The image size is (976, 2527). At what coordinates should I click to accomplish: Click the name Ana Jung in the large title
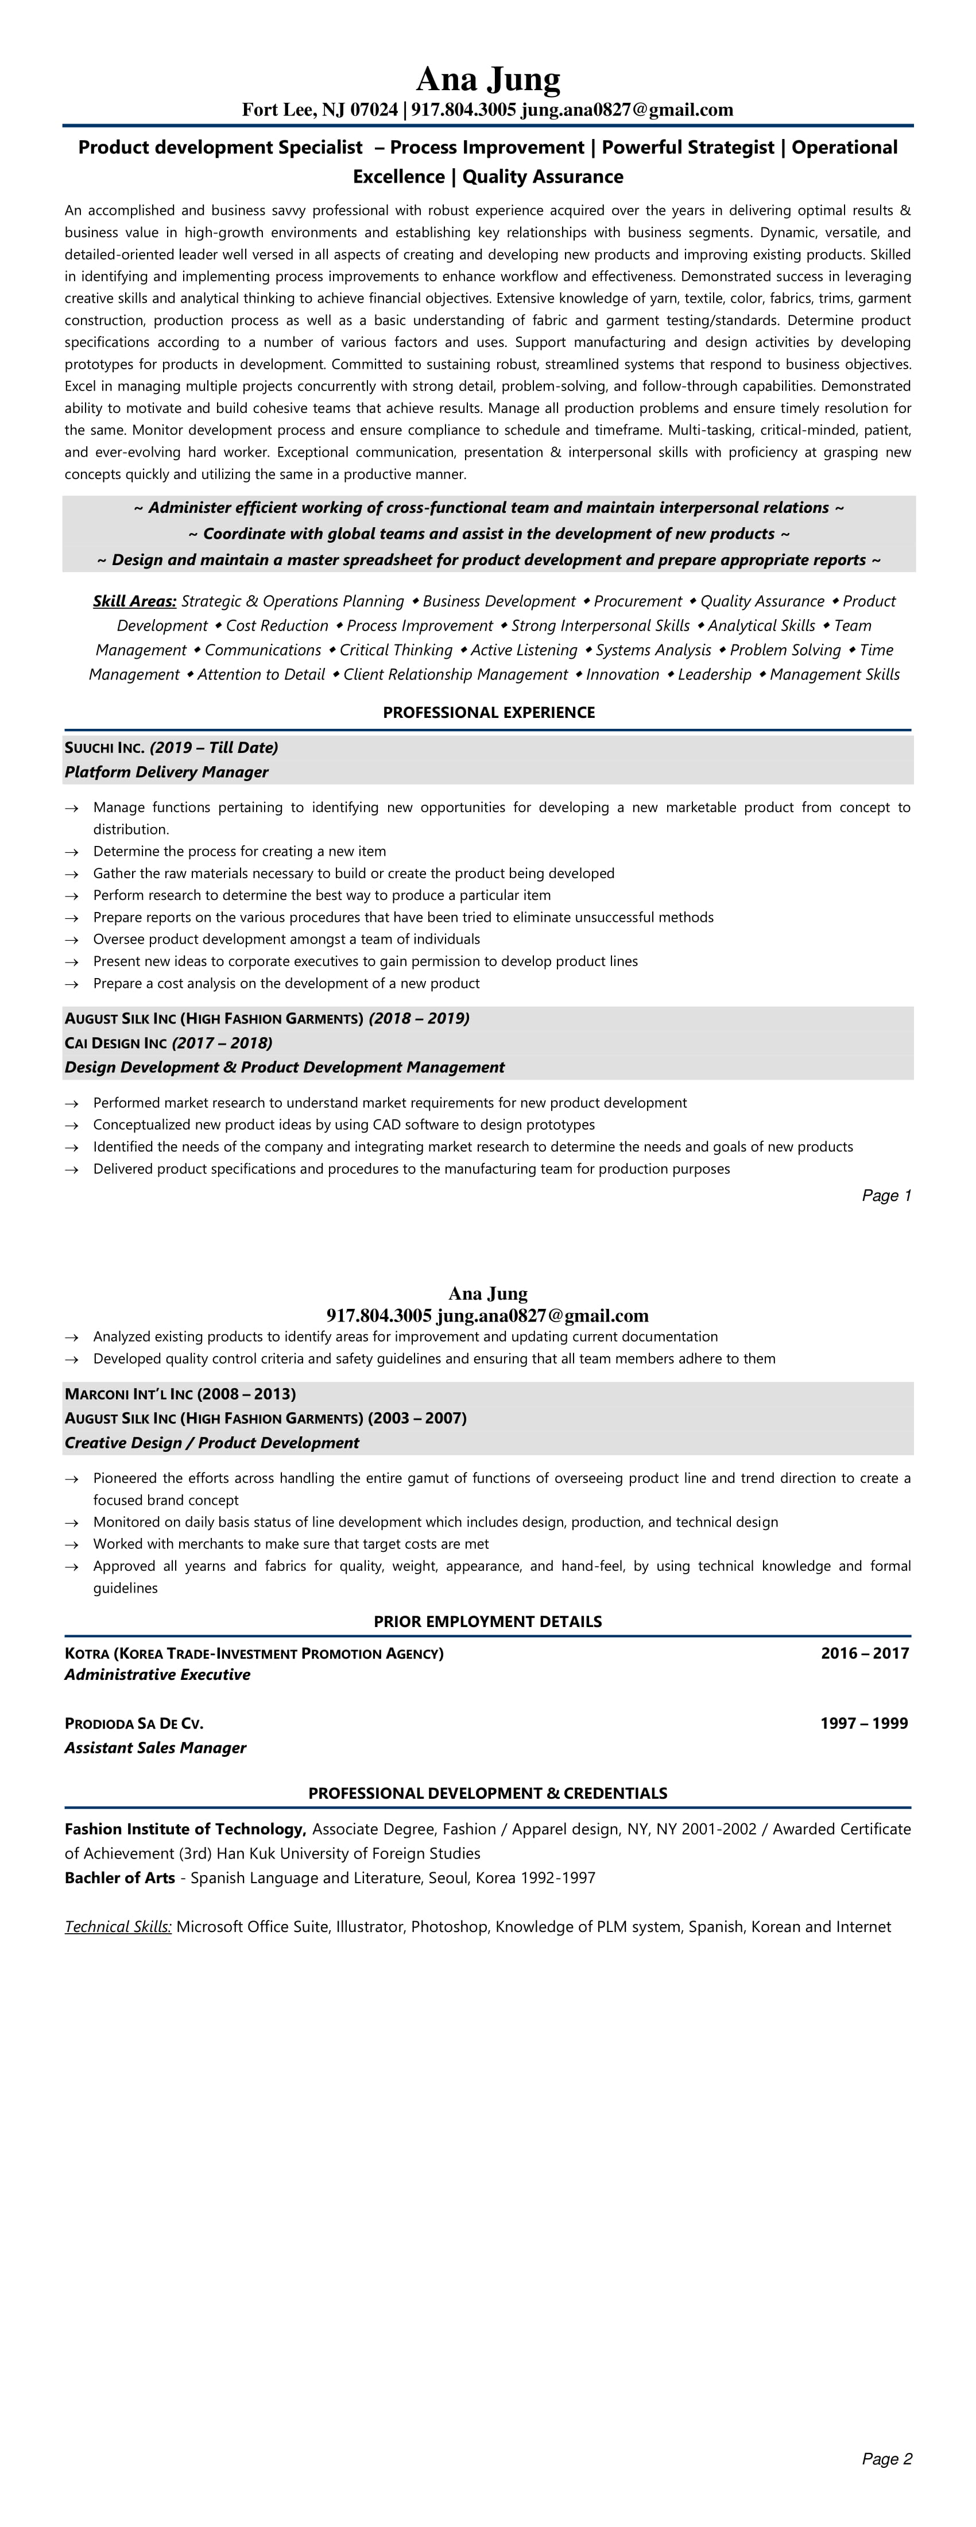pyautogui.click(x=487, y=79)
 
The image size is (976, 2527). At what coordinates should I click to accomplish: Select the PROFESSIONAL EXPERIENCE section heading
pyautogui.click(x=489, y=712)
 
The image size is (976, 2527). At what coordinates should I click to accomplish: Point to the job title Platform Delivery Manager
pyautogui.click(x=166, y=772)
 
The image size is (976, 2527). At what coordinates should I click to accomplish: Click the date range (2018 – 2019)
pyautogui.click(x=419, y=1018)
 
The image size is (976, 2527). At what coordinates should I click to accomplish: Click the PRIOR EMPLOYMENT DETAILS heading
pyautogui.click(x=487, y=1621)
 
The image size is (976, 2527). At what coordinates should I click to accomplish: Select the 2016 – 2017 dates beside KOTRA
pyautogui.click(x=864, y=1653)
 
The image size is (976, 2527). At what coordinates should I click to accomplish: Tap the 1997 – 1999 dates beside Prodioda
pyautogui.click(x=864, y=1724)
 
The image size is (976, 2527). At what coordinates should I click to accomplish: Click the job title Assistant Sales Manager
pyautogui.click(x=155, y=1748)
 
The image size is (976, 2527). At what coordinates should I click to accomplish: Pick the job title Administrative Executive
pyautogui.click(x=157, y=1675)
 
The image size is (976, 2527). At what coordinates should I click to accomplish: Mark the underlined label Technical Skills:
pyautogui.click(x=118, y=1927)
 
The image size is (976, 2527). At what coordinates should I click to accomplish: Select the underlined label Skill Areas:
pyautogui.click(x=134, y=601)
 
